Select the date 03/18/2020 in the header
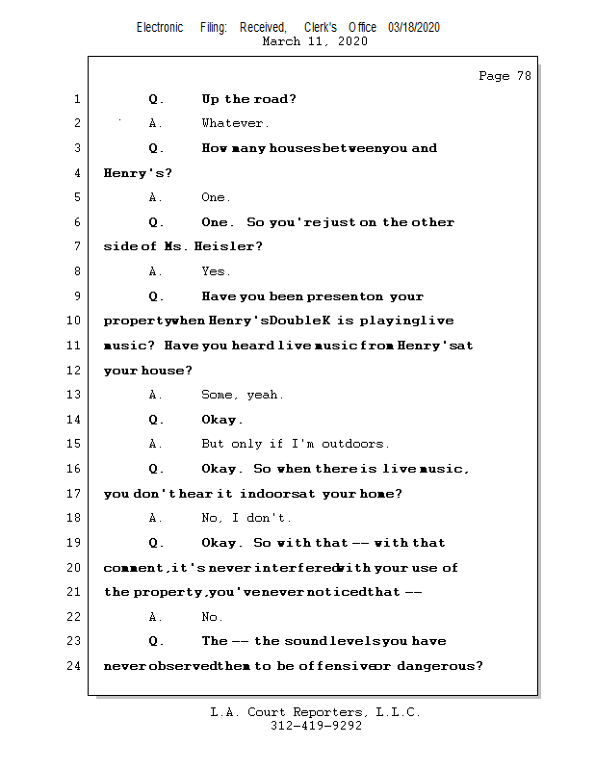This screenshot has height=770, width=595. tap(414, 28)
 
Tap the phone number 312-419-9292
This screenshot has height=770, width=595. tap(316, 727)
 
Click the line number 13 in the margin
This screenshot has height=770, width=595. tap(75, 395)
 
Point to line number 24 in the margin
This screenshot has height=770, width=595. tap(75, 666)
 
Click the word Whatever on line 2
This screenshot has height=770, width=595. tap(234, 123)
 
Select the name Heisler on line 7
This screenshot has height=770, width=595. tap(225, 247)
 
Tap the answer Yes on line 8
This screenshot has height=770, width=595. tap(215, 271)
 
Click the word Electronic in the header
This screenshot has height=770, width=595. tap(160, 28)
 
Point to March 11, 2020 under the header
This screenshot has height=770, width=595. tap(315, 42)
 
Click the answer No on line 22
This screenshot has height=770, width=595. tap(211, 617)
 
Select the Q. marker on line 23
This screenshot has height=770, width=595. tap(157, 641)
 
